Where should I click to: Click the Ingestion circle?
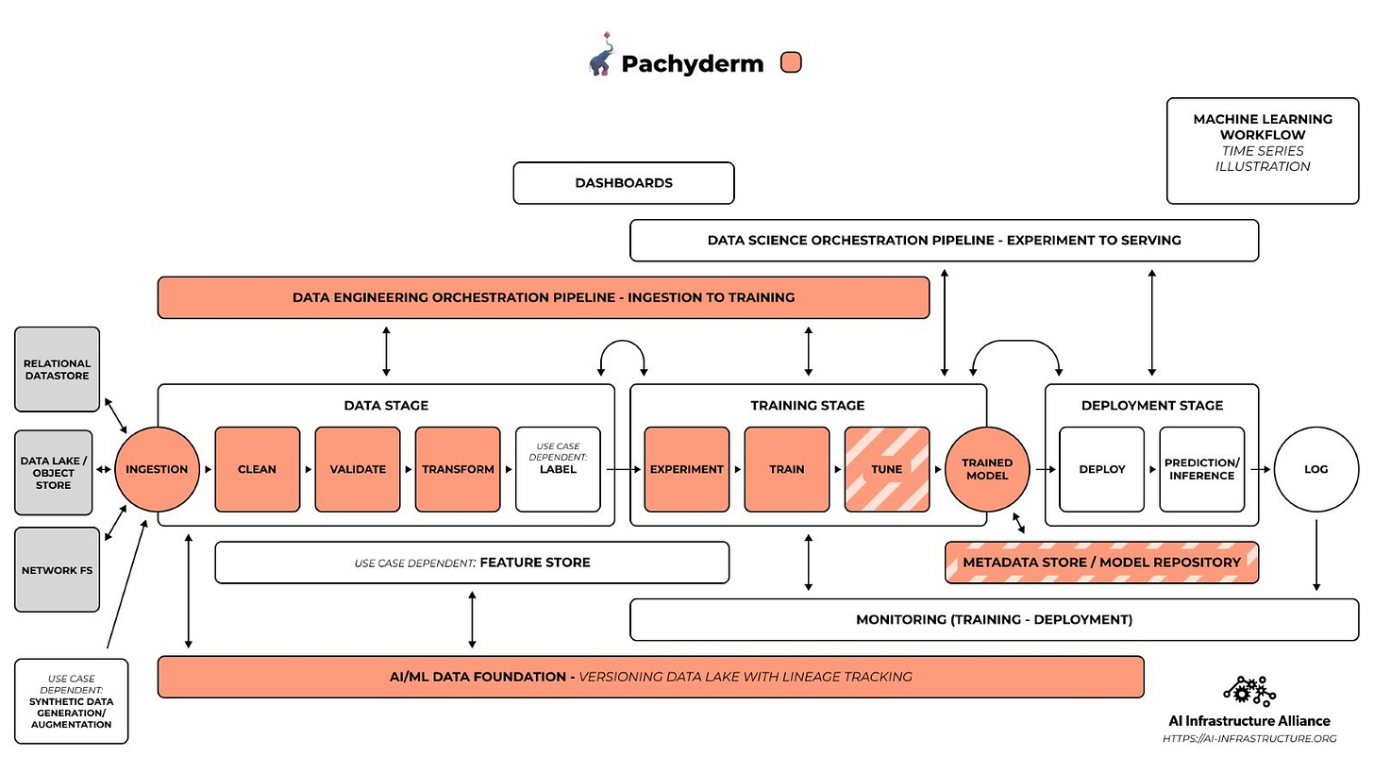coord(157,469)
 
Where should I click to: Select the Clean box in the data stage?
coord(258,469)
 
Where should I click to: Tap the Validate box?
coord(358,469)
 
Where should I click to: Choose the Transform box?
coord(458,469)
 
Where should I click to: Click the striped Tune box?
coord(887,469)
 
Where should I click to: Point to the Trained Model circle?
coord(987,469)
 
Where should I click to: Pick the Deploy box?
coord(1101,469)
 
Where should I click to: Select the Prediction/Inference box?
coord(1202,469)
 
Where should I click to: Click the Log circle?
coord(1316,469)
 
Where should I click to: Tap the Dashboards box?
coord(624,183)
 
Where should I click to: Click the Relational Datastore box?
coord(57,369)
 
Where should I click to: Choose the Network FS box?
coord(57,570)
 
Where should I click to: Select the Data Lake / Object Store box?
coord(54,472)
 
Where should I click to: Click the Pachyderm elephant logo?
coord(601,55)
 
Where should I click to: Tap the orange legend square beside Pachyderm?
coord(791,62)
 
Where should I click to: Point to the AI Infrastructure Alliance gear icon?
coord(1249,692)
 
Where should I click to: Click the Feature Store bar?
coord(472,562)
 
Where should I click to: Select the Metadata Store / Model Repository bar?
coord(1101,562)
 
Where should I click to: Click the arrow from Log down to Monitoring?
coord(1316,555)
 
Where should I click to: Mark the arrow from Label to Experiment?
coord(623,469)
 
